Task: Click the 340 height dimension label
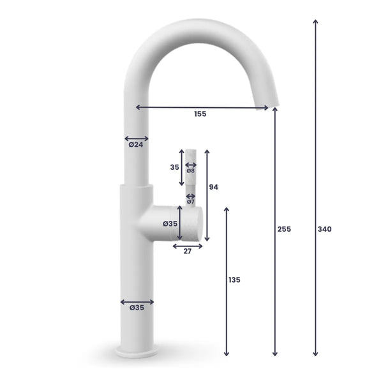[x=324, y=229]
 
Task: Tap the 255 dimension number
[x=284, y=229]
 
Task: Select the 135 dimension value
[x=236, y=280]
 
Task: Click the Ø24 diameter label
[x=135, y=145]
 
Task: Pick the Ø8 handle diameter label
[x=191, y=170]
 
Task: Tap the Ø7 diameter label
[x=191, y=202]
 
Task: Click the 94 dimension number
[x=214, y=187]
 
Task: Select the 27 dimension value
[x=188, y=252]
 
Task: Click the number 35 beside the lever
[x=174, y=167]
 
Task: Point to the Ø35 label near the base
[x=137, y=308]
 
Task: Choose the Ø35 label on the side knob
[x=170, y=223]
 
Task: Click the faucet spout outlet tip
[x=271, y=106]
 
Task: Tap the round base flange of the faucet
[x=137, y=352]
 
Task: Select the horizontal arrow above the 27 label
[x=188, y=246]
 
